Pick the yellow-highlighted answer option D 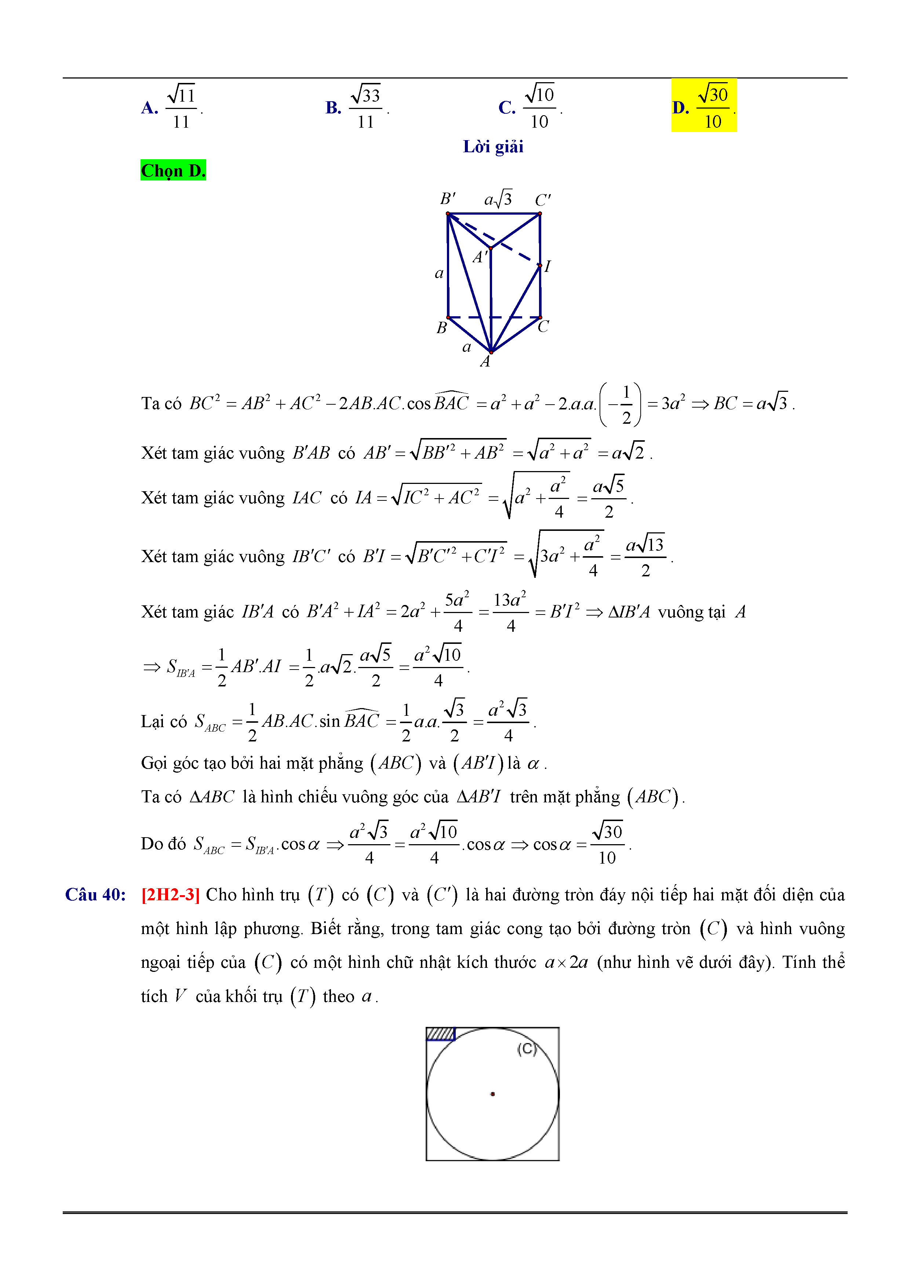click(704, 106)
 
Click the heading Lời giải click(493, 147)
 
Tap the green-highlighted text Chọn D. click(173, 170)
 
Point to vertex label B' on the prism click(447, 199)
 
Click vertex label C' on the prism click(542, 200)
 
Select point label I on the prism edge click(548, 266)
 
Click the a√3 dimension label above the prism click(498, 198)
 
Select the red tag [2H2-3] click(171, 894)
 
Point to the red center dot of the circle click(492, 1094)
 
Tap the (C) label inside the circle click(527, 1049)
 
